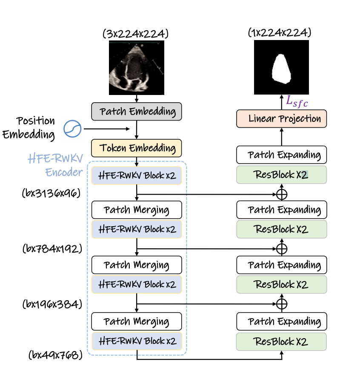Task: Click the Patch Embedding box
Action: [137, 111]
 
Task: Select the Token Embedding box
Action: [137, 148]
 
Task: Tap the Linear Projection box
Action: [281, 119]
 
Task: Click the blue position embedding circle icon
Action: [72, 129]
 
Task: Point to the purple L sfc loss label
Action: [297, 102]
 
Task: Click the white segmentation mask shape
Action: [281, 69]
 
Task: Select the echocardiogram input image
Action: [137, 68]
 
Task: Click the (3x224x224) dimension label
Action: [136, 34]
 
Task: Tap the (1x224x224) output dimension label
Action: [280, 32]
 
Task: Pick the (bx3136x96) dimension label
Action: [51, 193]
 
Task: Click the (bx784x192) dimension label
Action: [52, 249]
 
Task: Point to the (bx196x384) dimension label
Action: [52, 304]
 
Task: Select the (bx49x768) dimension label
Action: [55, 355]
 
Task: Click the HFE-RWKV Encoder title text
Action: [55, 165]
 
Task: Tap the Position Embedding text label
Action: [29, 128]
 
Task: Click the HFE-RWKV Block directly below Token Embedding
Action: [137, 175]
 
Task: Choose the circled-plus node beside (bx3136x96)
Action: [282, 194]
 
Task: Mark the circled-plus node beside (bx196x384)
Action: [282, 304]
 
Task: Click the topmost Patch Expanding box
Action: [281, 155]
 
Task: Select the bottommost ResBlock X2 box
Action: [281, 342]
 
